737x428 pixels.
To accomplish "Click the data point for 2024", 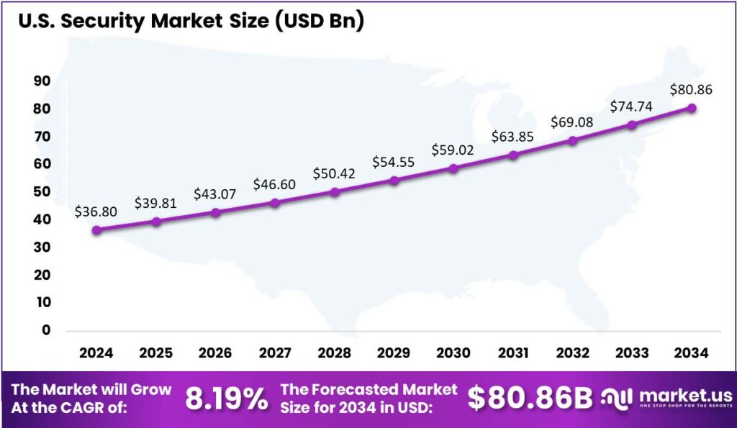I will point(96,230).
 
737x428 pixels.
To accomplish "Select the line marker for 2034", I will point(692,109).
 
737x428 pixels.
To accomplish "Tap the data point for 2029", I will point(394,181).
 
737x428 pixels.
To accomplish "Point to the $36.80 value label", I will point(96,212).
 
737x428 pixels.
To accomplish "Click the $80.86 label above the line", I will point(692,90).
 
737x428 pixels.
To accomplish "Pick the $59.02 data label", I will point(453,150).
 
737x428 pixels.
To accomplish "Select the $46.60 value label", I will point(275,185).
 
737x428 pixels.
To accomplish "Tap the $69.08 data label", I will point(572,122).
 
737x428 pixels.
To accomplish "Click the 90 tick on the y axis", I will point(41,82).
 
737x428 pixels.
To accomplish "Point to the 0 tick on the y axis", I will point(46,331).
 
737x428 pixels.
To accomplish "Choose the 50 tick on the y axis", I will point(41,193).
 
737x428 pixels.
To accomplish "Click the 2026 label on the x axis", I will point(215,353).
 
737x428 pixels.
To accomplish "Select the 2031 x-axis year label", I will point(512,353).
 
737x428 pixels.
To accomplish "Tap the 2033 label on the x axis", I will point(632,353).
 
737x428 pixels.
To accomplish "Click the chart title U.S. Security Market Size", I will point(191,22).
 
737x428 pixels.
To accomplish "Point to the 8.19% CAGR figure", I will point(227,399).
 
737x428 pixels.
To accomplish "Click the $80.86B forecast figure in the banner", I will point(530,399).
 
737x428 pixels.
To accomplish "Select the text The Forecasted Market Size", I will point(368,399).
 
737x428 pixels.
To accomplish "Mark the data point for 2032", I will point(573,140).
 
